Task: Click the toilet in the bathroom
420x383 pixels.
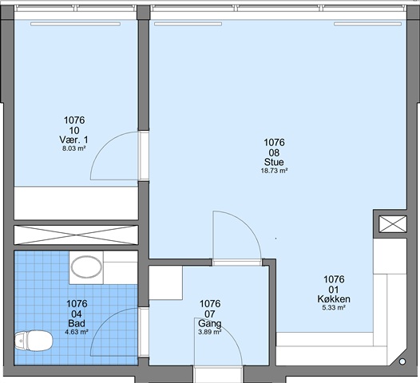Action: click(34, 341)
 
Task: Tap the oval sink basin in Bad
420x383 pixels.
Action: click(86, 267)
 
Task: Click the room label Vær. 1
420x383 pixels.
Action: click(73, 140)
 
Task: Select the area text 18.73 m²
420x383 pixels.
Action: click(275, 171)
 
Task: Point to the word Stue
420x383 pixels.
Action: click(274, 162)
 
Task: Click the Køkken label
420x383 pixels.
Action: click(334, 299)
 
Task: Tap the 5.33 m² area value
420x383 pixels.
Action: click(334, 307)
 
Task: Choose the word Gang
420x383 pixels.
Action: click(210, 324)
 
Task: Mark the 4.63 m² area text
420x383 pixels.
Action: click(77, 332)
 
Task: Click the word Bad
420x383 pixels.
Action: click(77, 323)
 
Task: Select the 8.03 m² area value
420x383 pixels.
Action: click(74, 148)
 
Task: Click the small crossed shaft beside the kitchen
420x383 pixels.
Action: click(393, 224)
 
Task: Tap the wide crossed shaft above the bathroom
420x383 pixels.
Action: click(76, 235)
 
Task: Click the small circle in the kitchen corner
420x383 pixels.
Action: click(402, 361)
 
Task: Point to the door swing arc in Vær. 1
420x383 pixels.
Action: click(104, 144)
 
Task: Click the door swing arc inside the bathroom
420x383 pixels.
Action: click(105, 322)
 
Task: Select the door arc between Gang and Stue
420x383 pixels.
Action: click(247, 225)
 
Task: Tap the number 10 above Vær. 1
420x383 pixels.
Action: click(74, 131)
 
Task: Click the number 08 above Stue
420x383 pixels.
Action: click(275, 153)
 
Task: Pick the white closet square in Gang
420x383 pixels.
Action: click(166, 283)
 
